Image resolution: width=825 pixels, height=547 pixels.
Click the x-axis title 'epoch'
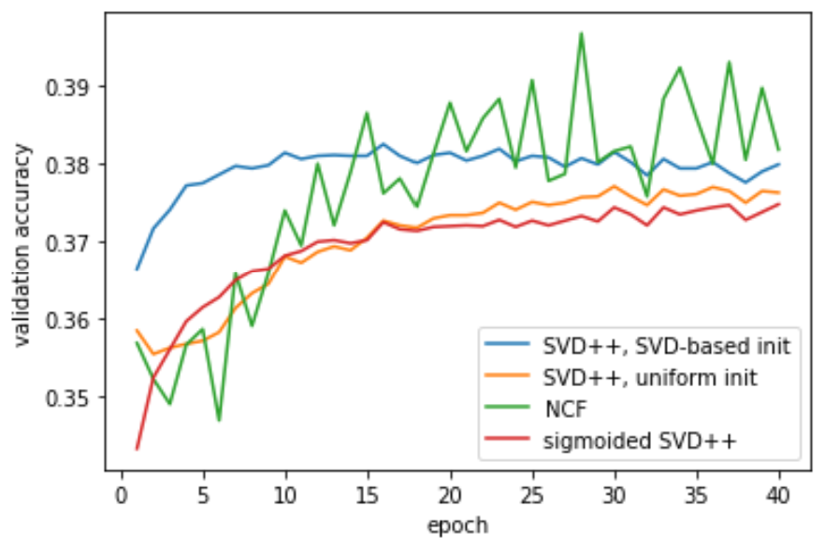point(457,525)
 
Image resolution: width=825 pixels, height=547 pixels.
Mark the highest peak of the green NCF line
point(582,34)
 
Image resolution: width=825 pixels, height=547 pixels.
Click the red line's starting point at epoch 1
point(137,450)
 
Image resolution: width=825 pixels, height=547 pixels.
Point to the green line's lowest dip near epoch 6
point(220,420)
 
